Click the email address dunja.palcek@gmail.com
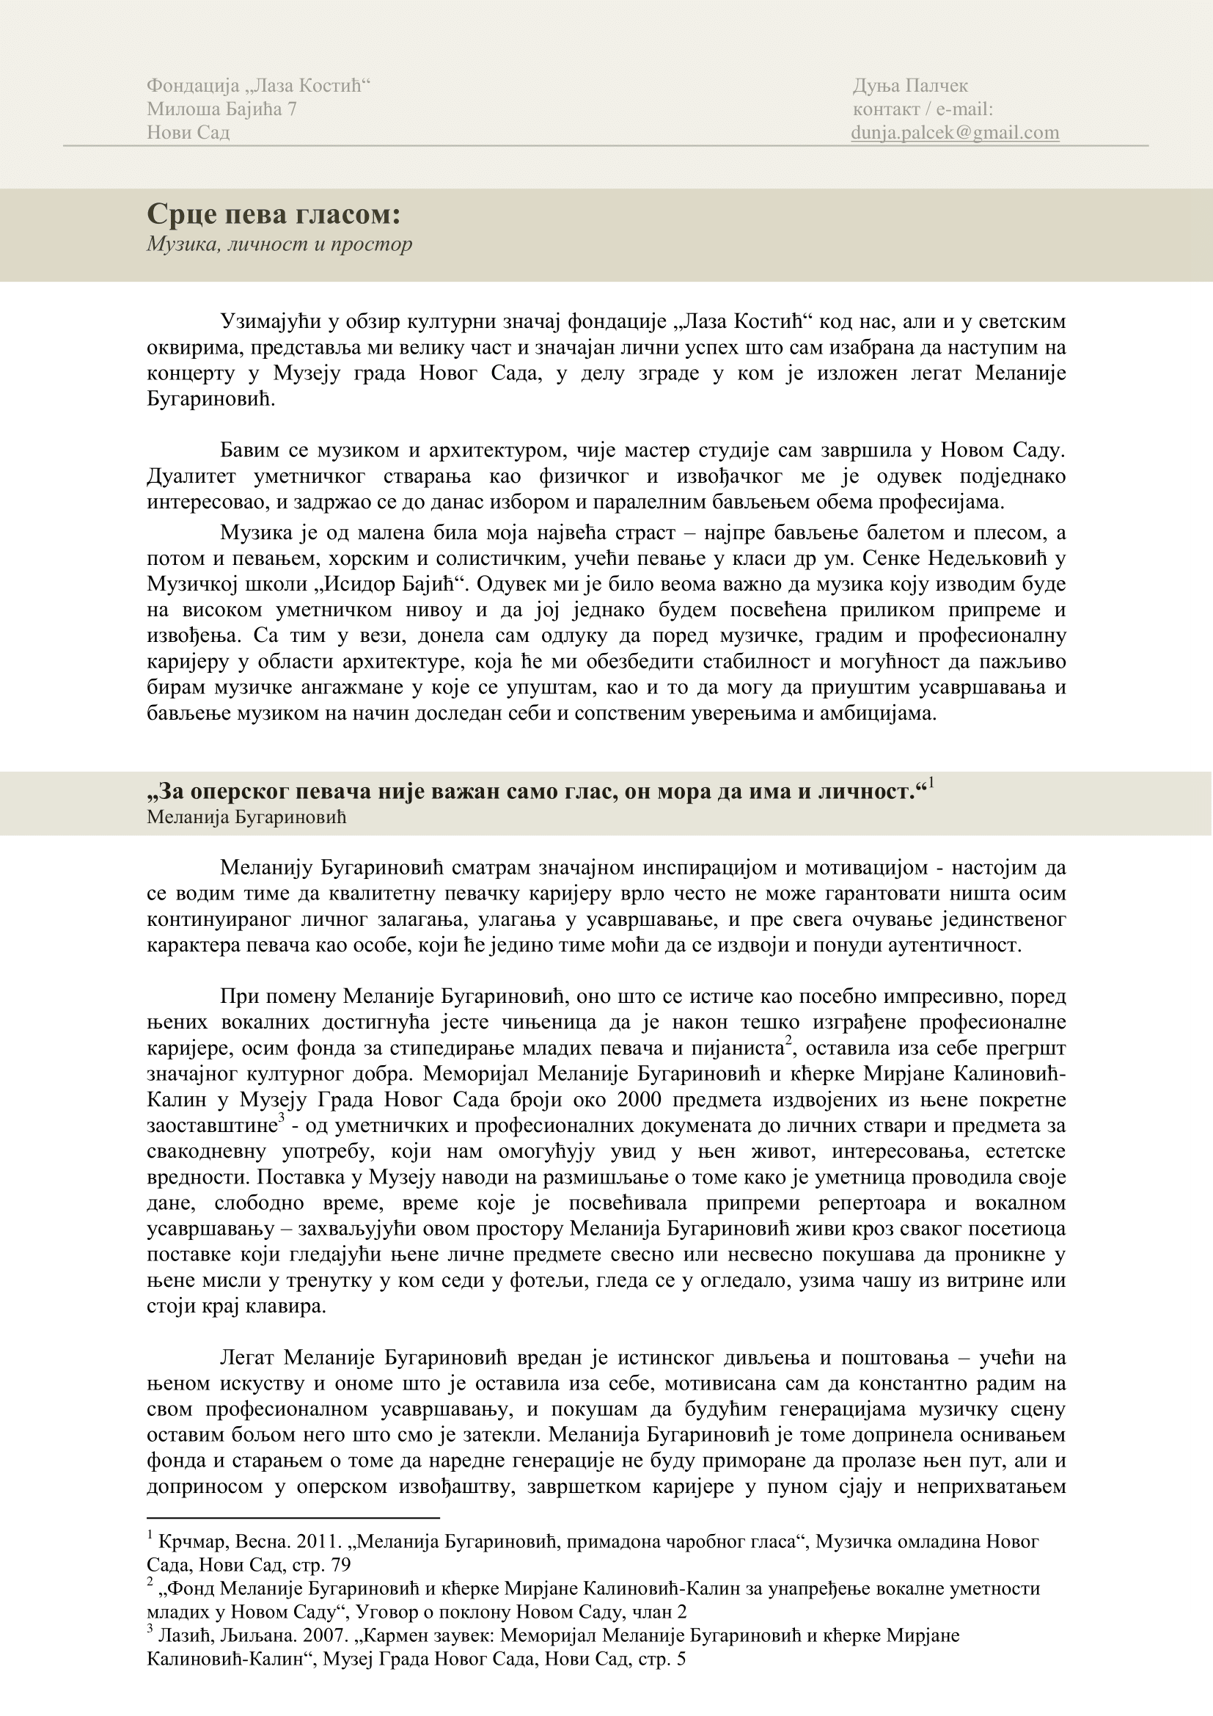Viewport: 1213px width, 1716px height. pyautogui.click(x=955, y=132)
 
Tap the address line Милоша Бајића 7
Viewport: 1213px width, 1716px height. pyautogui.click(x=221, y=109)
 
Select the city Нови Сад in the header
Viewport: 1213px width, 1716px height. pyautogui.click(x=188, y=132)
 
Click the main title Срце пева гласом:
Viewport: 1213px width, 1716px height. pyautogui.click(x=274, y=214)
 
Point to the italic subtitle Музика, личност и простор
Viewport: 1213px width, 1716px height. pyautogui.click(x=279, y=244)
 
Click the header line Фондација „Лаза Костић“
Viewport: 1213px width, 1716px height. pyautogui.click(x=258, y=86)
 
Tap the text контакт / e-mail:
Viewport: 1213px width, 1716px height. pyautogui.click(x=923, y=109)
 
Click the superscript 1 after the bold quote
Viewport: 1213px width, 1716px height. pyautogui.click(x=931, y=784)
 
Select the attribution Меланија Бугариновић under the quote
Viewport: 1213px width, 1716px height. pyautogui.click(x=246, y=817)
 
